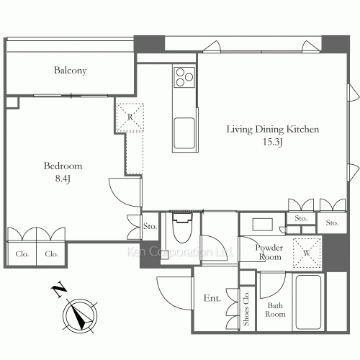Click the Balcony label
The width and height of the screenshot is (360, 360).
point(70,71)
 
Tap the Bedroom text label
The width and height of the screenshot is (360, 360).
point(63,166)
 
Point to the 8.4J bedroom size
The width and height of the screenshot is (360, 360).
point(63,179)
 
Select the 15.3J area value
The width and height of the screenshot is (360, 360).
point(273,142)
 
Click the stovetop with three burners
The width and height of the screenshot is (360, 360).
point(184,77)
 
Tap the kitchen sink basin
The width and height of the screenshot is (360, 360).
point(184,133)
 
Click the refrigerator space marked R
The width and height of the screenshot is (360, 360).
point(130,117)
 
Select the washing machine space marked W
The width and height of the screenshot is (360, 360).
point(307,253)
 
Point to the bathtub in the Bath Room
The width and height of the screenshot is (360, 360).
point(308,302)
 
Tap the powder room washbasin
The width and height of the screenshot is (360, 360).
point(263,225)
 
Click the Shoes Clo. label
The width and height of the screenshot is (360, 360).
point(246,308)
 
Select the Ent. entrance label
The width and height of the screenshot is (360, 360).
point(212,298)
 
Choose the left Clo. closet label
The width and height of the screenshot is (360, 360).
point(22,254)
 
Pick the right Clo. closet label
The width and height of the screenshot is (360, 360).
point(52,254)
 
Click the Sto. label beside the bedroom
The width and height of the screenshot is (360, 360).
point(150,226)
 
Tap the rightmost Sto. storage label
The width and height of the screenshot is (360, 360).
point(333,223)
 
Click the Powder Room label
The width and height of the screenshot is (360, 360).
point(269,252)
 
